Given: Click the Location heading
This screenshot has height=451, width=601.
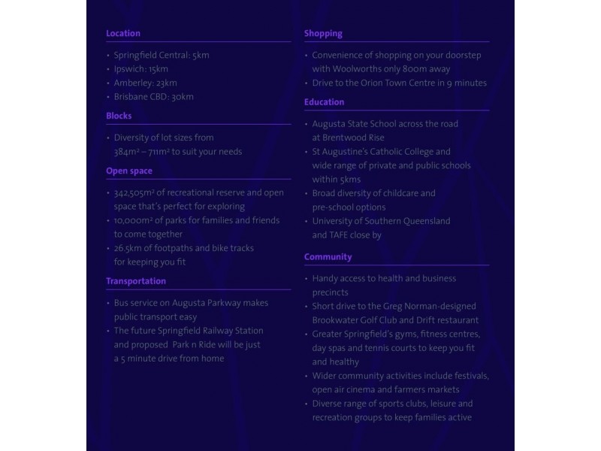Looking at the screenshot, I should (123, 33).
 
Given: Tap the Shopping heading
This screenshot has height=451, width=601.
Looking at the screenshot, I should (323, 33).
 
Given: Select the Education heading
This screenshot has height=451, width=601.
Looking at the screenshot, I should (325, 102).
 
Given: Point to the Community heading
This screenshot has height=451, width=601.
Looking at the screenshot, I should (328, 257).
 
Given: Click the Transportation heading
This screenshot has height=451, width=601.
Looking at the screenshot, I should (136, 281).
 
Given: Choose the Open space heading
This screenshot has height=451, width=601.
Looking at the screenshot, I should (129, 171).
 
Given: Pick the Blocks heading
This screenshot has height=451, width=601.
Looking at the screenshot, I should (119, 116).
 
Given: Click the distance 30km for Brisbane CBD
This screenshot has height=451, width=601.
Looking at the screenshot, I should (183, 97).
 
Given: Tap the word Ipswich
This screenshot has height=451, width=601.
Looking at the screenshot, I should (130, 69).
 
